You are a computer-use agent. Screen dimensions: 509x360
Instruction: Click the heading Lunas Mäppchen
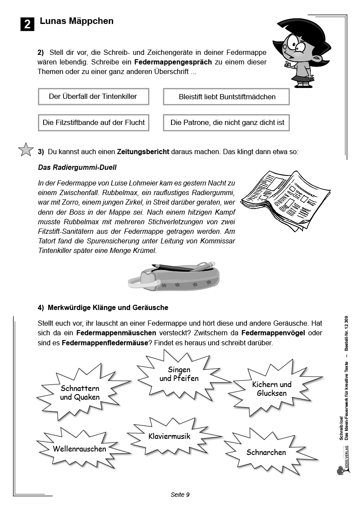coord(77,21)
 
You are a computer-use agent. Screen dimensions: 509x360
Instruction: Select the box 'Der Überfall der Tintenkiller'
coord(93,97)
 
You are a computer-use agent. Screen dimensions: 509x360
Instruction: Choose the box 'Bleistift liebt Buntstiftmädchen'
coord(226,97)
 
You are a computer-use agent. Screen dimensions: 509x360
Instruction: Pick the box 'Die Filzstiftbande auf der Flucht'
coord(93,123)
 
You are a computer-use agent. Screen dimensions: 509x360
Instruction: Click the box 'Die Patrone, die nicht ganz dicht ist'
coord(226,123)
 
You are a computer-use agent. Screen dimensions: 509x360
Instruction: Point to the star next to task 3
coord(26,150)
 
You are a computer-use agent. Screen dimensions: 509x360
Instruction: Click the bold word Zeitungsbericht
coord(143,152)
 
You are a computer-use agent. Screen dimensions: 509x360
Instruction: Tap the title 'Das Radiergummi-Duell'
coord(77,167)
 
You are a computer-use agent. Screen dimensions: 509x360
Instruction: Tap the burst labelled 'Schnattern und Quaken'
coord(80,392)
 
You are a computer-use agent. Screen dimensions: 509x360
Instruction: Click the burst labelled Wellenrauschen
coord(80,448)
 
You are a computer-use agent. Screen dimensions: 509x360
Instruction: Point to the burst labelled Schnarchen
coord(266,452)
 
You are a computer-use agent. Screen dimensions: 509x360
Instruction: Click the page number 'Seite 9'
coord(180,495)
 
